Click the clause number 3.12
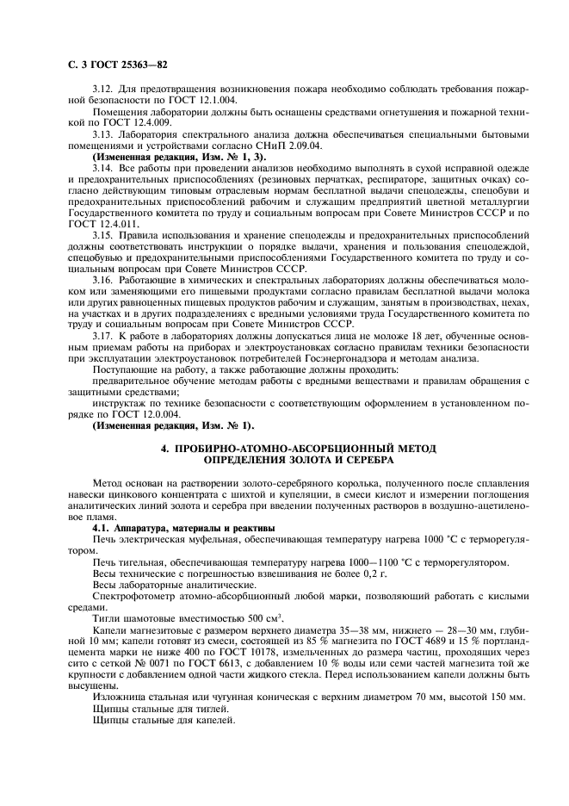[103, 89]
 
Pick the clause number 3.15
[103, 235]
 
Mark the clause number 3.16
[103, 280]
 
